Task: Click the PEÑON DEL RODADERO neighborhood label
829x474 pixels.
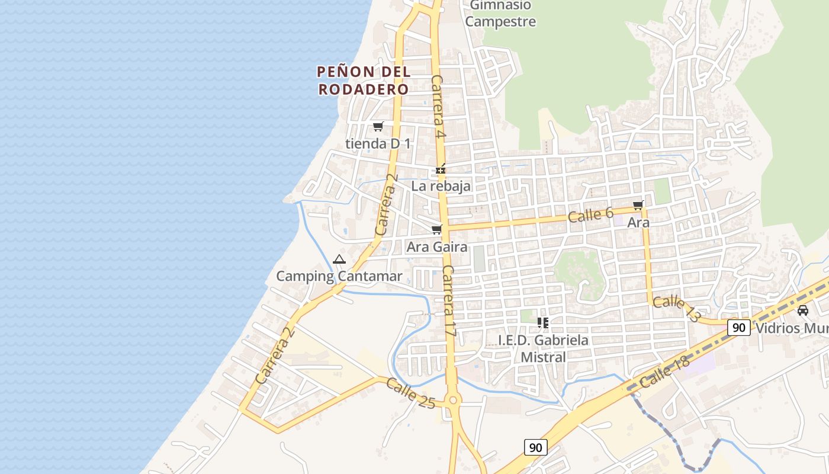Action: click(364, 81)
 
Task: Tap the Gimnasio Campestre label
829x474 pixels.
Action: click(500, 14)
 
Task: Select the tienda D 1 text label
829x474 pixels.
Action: click(378, 143)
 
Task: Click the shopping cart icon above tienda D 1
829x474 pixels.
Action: click(378, 126)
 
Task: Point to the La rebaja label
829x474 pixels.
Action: click(441, 186)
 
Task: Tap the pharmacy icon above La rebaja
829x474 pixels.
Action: click(441, 169)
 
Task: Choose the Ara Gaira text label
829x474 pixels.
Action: click(437, 247)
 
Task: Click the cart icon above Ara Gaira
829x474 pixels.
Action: click(437, 229)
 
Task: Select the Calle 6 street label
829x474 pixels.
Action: click(590, 215)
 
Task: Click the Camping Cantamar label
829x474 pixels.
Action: click(339, 276)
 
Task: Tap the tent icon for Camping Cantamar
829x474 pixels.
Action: click(339, 259)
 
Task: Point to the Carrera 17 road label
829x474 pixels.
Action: click(449, 302)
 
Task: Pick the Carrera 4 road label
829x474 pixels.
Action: click(438, 106)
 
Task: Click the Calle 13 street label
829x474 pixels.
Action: click(676, 309)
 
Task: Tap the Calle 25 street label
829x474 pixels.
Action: click(410, 393)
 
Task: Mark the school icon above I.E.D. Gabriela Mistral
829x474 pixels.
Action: click(542, 323)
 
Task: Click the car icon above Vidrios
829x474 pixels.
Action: click(803, 310)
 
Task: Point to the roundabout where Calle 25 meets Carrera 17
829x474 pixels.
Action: click(454, 400)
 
